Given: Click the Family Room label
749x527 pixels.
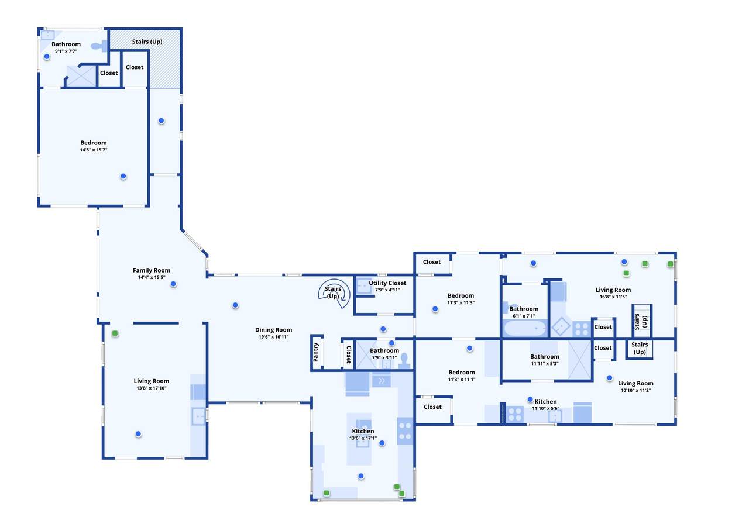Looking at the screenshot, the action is point(152,270).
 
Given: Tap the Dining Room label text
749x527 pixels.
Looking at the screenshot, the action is point(273,329).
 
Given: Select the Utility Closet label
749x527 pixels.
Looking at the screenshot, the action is point(387,283).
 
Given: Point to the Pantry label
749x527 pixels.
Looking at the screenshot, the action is point(315,352).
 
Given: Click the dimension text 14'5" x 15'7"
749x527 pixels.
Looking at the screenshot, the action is point(94,150).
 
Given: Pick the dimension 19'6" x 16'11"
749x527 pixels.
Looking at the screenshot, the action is point(273,337).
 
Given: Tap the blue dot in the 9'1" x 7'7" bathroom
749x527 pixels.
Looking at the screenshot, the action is point(47,57).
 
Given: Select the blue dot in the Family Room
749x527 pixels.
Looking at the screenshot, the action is point(173,284).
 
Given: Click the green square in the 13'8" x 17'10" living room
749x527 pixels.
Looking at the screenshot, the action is point(115,333).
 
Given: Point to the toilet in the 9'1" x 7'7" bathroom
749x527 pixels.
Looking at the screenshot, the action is point(99,46).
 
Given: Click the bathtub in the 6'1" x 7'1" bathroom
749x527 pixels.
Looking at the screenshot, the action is point(524,328).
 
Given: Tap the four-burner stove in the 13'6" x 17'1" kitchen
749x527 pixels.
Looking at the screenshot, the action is point(405,430).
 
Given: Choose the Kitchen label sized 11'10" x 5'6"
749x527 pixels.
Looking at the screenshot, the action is point(546,401).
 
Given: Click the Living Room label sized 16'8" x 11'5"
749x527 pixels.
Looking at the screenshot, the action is point(613,290).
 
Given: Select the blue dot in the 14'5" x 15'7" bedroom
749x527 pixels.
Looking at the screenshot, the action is point(123,176).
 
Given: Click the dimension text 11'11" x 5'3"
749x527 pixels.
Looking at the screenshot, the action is point(545,364).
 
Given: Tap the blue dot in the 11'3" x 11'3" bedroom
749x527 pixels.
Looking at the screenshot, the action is point(435,309).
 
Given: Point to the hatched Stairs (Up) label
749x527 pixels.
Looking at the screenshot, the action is point(147,42).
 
